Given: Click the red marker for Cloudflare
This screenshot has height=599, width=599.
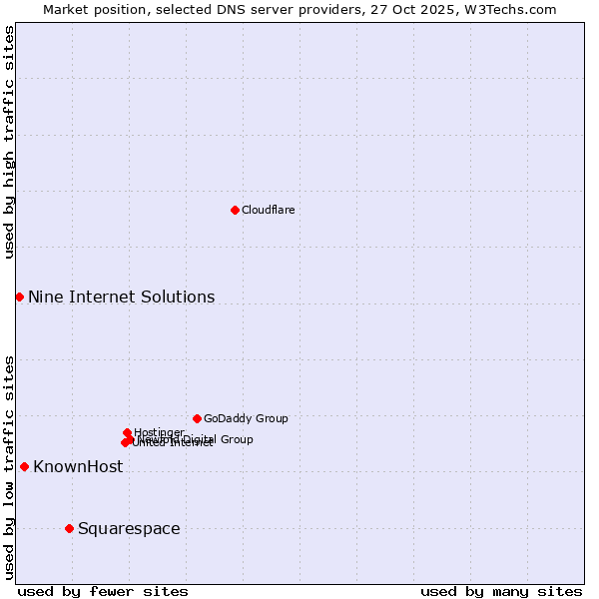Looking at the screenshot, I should tap(235, 210).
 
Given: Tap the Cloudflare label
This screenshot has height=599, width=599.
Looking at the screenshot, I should tap(268, 210).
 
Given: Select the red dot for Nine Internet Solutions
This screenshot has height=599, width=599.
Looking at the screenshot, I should tap(19, 297).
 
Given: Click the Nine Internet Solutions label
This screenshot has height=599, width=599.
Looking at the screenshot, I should tap(121, 297).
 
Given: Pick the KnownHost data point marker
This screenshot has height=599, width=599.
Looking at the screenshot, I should tap(24, 466).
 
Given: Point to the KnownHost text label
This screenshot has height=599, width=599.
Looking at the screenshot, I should tap(78, 466).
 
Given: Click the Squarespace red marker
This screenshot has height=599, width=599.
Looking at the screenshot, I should tap(69, 528).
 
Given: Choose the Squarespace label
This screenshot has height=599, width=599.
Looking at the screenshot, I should tap(129, 528).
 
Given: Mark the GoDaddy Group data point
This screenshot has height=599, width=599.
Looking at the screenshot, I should tap(197, 418).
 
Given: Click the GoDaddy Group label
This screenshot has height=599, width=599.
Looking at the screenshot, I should tap(246, 418).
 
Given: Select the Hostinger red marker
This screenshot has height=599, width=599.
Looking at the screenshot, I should tap(127, 432).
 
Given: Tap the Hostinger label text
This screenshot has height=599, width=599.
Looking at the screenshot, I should tap(159, 432).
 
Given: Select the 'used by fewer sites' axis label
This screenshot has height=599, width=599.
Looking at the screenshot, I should tap(103, 591).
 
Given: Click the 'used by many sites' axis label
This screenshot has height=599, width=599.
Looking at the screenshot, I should tap(501, 591).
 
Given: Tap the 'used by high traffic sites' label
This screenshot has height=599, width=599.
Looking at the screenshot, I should tap(9, 142).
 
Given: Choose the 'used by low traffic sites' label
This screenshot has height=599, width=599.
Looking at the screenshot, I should tap(9, 466).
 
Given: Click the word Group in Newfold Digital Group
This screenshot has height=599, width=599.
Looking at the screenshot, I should tap(237, 439).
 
